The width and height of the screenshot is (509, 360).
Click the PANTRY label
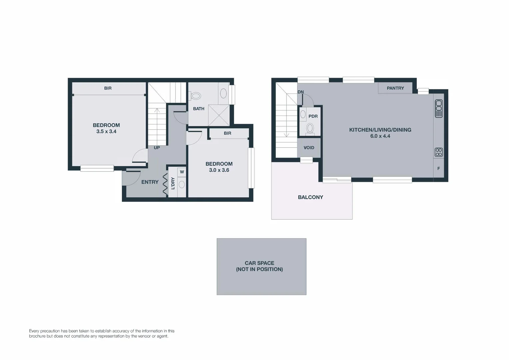point(395,88)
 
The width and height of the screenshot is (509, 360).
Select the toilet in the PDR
point(310,128)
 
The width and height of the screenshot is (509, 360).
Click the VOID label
point(309,148)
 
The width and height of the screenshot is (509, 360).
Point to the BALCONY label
point(310,197)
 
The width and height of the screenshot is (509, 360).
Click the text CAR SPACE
point(259,263)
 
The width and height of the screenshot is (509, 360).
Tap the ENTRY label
point(150,182)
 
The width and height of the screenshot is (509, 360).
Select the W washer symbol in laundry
point(182,172)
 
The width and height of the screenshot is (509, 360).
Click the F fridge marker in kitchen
point(438,169)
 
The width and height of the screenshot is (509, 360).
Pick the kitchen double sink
point(439,109)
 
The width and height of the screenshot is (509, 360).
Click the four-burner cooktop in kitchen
point(439,152)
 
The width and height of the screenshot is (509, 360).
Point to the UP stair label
point(157,148)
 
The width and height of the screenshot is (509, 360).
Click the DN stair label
point(300,92)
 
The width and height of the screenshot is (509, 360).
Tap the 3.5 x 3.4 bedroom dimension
point(106,132)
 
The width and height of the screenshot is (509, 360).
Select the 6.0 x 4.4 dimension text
point(380,136)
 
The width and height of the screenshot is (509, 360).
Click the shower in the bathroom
point(219,115)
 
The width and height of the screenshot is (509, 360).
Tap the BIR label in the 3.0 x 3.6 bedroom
point(228,133)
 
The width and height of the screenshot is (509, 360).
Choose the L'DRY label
point(173,183)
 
